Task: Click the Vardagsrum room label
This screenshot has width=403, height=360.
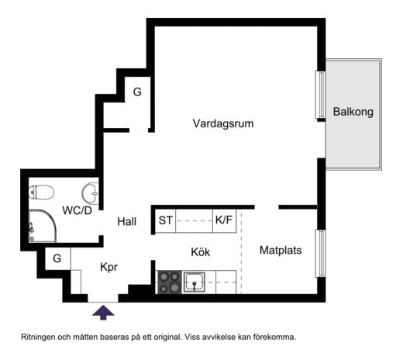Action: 223,123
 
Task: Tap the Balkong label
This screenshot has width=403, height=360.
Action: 353,112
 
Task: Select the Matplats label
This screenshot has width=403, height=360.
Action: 281,251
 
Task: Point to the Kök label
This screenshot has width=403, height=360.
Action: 201,252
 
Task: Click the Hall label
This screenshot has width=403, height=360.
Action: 126,222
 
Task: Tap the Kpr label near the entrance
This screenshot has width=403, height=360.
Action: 109,266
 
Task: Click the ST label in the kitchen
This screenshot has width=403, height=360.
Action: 166,221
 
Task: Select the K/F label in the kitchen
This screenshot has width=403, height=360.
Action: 224,221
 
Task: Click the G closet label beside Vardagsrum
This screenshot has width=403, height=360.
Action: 137,92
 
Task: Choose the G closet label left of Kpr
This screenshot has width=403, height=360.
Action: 57,258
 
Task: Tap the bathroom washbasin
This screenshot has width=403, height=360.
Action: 91,191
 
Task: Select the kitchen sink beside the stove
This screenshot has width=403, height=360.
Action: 195,281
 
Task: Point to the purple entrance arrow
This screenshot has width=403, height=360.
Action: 103,312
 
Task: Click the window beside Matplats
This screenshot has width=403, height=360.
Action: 319,253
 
